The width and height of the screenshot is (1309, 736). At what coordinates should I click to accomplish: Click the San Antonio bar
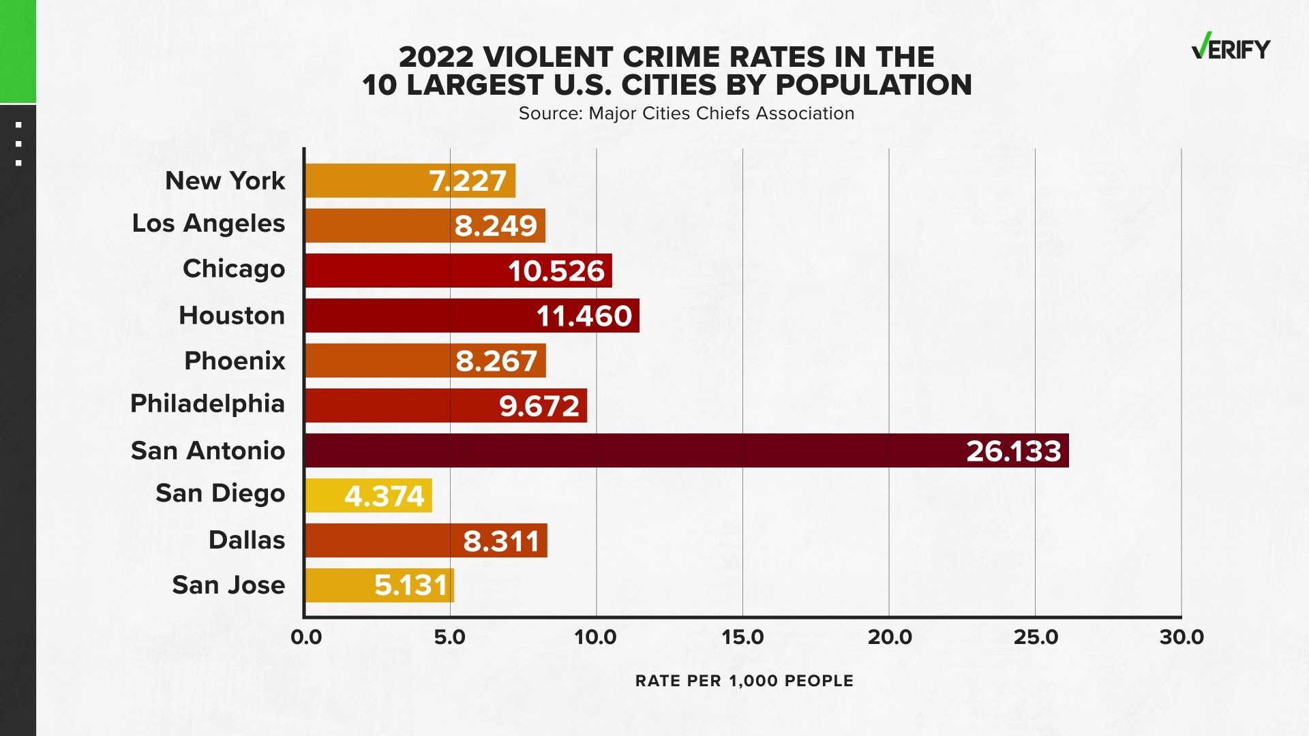(687, 450)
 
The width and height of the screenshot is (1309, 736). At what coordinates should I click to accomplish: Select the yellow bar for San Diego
(369, 495)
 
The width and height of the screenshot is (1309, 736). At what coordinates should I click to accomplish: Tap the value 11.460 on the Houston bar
(584, 316)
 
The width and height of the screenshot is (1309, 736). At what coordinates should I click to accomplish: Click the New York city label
(225, 181)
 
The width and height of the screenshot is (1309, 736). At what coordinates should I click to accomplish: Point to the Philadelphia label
(207, 403)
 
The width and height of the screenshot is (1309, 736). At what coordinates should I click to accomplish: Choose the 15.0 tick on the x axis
(742, 637)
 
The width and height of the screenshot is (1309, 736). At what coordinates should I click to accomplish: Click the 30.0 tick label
(1182, 637)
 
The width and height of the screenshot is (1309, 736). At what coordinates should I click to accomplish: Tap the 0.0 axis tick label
(306, 637)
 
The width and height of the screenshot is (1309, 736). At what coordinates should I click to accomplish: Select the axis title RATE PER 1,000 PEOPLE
(744, 681)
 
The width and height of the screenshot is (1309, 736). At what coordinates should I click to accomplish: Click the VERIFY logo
(1231, 48)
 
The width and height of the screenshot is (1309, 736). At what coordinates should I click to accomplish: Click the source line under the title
(686, 113)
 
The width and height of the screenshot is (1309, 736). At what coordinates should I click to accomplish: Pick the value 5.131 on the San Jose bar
(411, 585)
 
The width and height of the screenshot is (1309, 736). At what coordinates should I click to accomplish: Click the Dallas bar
(426, 540)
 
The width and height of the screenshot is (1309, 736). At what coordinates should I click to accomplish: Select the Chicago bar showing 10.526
(458, 271)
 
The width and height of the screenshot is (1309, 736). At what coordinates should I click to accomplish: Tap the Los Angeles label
(208, 224)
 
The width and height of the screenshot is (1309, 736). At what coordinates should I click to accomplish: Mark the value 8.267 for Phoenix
(496, 361)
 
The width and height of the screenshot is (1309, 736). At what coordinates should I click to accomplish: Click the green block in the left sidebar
(18, 51)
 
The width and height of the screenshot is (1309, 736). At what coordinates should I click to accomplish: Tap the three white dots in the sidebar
(18, 144)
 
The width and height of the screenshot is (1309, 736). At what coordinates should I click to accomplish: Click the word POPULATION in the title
(873, 85)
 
